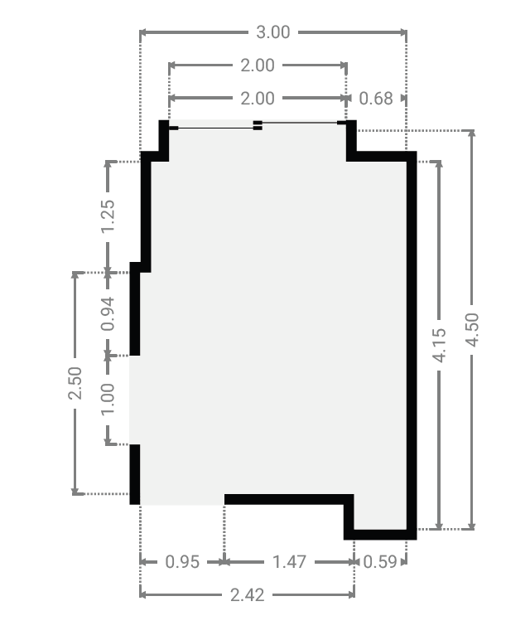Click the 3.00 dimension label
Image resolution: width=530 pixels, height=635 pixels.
(273, 32)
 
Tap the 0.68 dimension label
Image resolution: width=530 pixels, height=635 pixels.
(376, 99)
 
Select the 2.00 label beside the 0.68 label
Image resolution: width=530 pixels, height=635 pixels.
(258, 99)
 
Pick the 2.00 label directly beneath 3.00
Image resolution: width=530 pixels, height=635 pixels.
(258, 65)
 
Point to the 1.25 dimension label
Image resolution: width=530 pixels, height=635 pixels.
(108, 216)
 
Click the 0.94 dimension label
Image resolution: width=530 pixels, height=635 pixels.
(108, 314)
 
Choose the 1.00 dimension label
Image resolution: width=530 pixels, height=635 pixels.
(108, 400)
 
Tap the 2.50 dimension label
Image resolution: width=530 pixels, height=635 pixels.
(75, 383)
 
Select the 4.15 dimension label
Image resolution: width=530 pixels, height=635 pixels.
(440, 345)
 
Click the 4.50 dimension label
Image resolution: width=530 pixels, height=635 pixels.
(472, 330)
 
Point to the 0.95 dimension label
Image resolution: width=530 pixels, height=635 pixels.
(182, 562)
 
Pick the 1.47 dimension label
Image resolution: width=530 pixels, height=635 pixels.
(289, 562)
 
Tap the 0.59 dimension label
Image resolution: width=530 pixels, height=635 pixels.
(380, 562)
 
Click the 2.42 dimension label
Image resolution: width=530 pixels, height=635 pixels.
(248, 595)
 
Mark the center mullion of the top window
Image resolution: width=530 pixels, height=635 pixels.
(258, 125)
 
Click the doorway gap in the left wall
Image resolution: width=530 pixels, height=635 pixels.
(135, 400)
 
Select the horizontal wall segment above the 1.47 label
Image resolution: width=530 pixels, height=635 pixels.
(289, 499)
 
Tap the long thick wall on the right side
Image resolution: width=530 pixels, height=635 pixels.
(412, 346)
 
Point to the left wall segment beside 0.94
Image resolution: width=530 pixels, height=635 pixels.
(135, 309)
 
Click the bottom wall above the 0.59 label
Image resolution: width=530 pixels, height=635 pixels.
(380, 535)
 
